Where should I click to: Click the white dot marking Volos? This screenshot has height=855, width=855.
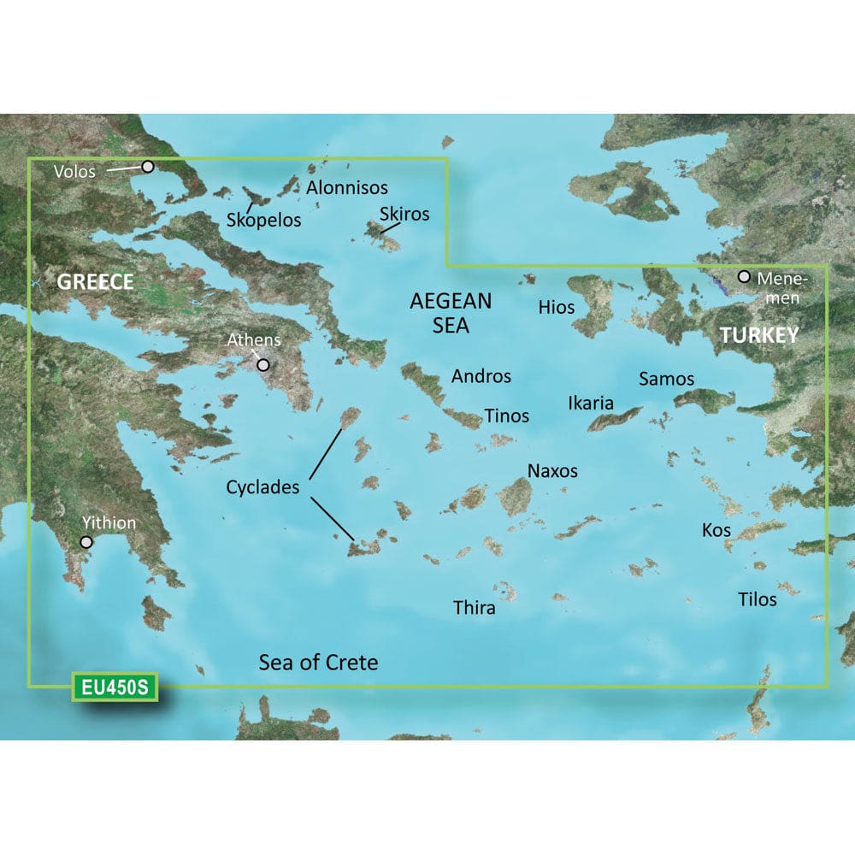click(x=148, y=167)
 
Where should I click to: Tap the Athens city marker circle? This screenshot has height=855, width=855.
click(x=264, y=365)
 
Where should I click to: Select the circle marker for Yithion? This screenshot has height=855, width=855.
click(x=86, y=542)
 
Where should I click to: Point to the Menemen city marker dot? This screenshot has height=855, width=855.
click(x=744, y=277)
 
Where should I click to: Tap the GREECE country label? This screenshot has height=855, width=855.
click(x=95, y=282)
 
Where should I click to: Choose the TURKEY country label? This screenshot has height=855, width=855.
click(x=758, y=335)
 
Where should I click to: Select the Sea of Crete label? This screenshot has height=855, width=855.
click(x=318, y=662)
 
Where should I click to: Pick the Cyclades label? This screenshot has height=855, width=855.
click(x=262, y=487)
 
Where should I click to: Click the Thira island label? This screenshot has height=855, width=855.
click(x=474, y=608)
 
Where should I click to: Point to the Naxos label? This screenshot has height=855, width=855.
click(x=552, y=470)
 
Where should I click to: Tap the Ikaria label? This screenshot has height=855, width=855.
click(x=591, y=402)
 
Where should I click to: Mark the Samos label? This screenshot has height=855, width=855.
click(x=666, y=378)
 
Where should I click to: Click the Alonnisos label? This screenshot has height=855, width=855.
click(x=346, y=187)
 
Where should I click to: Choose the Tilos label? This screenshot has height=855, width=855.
click(x=758, y=598)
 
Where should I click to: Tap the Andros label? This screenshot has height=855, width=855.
click(x=481, y=375)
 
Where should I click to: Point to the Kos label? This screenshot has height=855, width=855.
click(x=716, y=530)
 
